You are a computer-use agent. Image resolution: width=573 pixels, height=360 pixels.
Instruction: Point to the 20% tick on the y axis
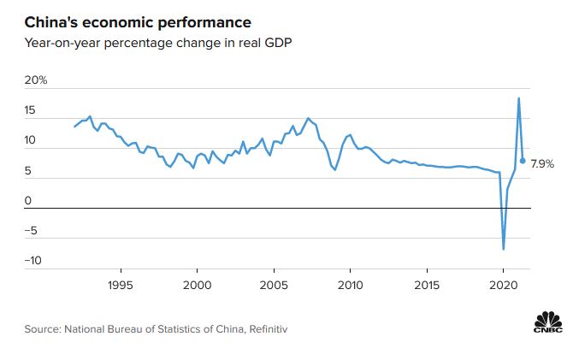36,81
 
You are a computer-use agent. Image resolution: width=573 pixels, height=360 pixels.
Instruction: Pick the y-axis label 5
28,171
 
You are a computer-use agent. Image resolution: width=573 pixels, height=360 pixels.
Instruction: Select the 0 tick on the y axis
28,201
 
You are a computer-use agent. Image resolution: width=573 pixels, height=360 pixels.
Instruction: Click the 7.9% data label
543,162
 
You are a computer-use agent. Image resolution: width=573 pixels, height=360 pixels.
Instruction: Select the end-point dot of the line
523,160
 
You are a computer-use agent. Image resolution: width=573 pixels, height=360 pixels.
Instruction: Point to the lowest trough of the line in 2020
504,249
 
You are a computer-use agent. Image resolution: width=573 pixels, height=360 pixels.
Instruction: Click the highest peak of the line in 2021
518,98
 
